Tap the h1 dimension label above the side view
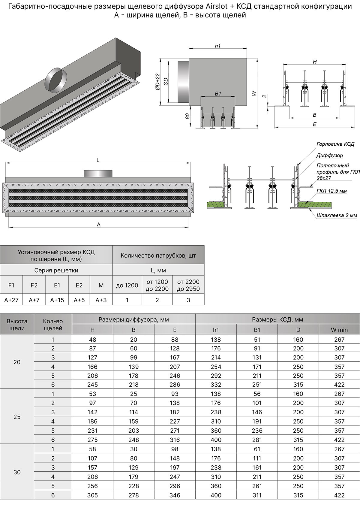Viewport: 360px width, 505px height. pyautogui.click(x=218, y=46)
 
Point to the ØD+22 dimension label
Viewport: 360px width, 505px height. pyautogui.click(x=157, y=82)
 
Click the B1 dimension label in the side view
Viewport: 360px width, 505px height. pyautogui.click(x=218, y=94)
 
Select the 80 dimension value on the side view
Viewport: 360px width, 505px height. pyautogui.click(x=187, y=116)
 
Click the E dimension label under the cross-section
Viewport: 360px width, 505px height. pyautogui.click(x=314, y=124)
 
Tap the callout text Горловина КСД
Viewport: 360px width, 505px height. pyautogui.click(x=335, y=144)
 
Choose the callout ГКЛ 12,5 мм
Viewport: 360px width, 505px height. pyautogui.click(x=331, y=191)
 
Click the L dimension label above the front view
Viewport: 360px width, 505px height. pyautogui.click(x=98, y=160)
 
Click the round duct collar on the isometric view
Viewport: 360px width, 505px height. pyautogui.click(x=56, y=80)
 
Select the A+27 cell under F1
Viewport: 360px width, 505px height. pyautogui.click(x=11, y=300)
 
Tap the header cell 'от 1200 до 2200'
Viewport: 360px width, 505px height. pyautogui.click(x=157, y=285)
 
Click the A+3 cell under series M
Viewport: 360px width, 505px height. pyautogui.click(x=101, y=300)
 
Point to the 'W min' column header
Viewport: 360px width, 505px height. pyautogui.click(x=339, y=330)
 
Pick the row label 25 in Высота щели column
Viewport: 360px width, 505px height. pyautogui.click(x=17, y=417)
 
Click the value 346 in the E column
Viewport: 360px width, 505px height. pyautogui.click(x=175, y=495)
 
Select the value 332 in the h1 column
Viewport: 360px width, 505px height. pyautogui.click(x=216, y=385)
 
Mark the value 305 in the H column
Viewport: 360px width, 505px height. pyautogui.click(x=92, y=495)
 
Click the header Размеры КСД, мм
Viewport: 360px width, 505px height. pyautogui.click(x=277, y=319)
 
